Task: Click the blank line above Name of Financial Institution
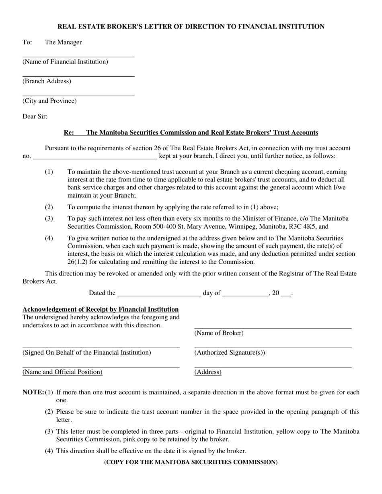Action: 78,57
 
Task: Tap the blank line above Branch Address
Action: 78,76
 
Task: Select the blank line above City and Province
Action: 78,96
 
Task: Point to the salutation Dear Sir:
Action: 35,116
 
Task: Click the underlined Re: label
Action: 69,133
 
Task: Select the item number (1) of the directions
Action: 49,172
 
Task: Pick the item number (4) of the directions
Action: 49,239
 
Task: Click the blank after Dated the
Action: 159,296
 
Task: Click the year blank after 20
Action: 286,296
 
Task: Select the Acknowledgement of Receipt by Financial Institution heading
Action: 101,309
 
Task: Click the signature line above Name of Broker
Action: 273,328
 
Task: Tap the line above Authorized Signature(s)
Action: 273,348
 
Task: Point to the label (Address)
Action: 208,372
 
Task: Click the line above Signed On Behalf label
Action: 101,348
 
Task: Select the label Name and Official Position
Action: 62,372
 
